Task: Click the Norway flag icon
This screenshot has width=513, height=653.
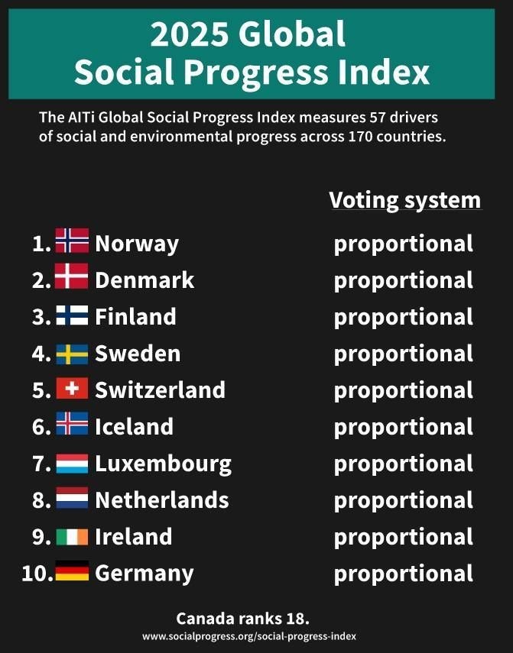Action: pos(72,242)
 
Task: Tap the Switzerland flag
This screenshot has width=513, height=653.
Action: pos(72,389)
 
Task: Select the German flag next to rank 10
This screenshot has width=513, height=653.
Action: pos(72,572)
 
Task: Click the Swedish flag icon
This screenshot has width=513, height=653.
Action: pos(72,352)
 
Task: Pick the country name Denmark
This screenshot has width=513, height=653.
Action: pos(144,280)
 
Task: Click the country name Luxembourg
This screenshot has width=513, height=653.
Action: pos(163,463)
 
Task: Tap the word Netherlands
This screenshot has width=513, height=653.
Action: pos(161,499)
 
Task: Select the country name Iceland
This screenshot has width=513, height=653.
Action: pos(134,426)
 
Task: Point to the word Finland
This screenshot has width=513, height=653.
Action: pos(135,316)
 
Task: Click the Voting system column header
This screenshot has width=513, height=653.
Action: pos(405,200)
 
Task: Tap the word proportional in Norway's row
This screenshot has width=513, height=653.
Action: pos(404,244)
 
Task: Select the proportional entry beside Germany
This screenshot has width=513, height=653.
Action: pos(404,574)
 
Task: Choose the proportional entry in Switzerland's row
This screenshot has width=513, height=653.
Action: pos(404,390)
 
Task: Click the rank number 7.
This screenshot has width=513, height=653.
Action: pos(41,464)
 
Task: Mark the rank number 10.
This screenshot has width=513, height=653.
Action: pos(36,573)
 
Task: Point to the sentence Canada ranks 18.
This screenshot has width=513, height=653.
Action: pos(242,618)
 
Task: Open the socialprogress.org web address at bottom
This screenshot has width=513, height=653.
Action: pos(248,635)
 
